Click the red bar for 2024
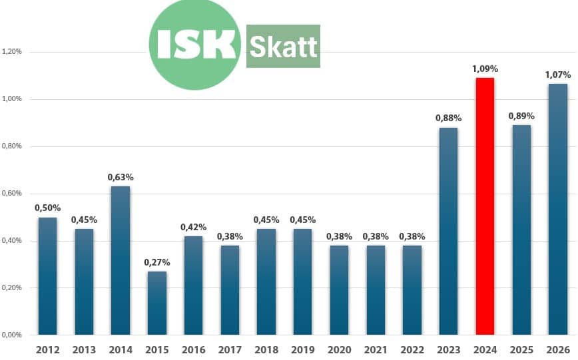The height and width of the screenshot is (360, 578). click(x=485, y=206)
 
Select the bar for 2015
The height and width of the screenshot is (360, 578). click(x=157, y=303)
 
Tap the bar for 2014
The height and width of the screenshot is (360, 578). click(x=121, y=260)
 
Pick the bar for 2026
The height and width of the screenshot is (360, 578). click(x=557, y=209)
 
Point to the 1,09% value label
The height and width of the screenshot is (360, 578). click(x=485, y=69)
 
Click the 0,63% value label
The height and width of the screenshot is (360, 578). click(x=121, y=177)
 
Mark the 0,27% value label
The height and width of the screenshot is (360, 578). click(x=157, y=262)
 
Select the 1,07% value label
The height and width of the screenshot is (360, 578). click(x=557, y=75)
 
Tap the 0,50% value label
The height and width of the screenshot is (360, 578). click(x=48, y=208)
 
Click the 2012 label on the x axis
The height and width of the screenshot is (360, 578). click(x=48, y=350)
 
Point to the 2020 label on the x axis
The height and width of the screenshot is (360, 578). click(x=339, y=350)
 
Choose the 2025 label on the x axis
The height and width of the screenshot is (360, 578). click(x=521, y=350)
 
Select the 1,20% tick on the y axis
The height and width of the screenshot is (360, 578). click(x=13, y=52)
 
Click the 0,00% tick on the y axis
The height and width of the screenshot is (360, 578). click(x=13, y=335)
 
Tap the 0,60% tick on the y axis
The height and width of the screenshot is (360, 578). click(x=13, y=194)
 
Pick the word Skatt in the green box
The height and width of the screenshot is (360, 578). click(x=283, y=46)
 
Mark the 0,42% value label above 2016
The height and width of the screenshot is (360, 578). click(x=193, y=227)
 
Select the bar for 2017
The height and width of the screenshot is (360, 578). click(x=230, y=290)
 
